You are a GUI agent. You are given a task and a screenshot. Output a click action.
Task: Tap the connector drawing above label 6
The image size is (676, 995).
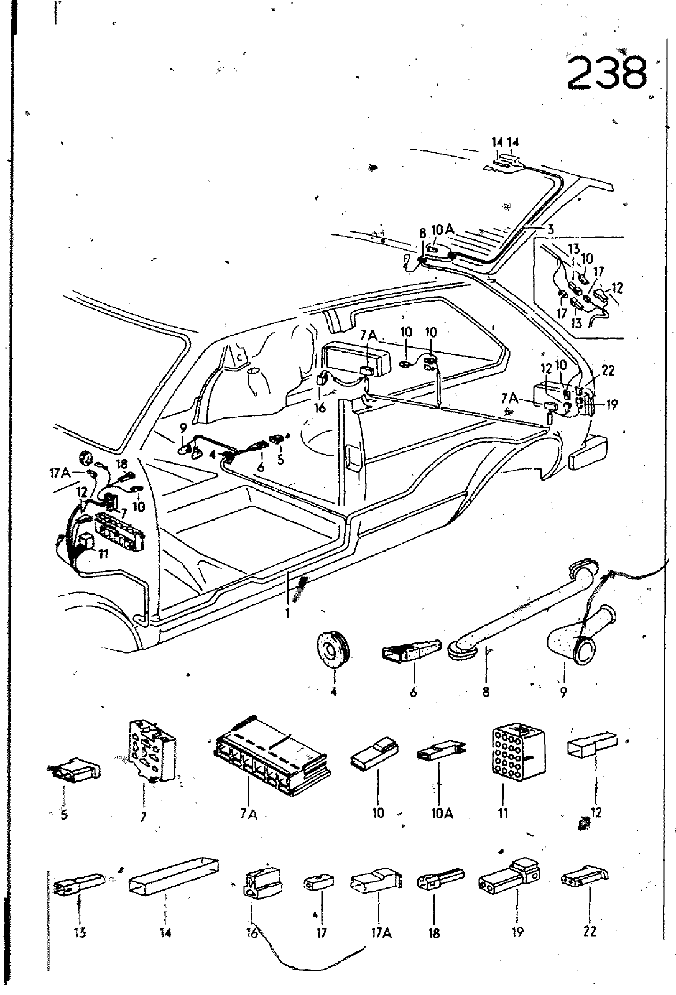(410, 650)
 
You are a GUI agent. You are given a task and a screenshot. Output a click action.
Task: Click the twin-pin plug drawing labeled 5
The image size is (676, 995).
(74, 771)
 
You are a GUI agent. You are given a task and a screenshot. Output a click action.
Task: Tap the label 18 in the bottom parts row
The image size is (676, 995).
(434, 932)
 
